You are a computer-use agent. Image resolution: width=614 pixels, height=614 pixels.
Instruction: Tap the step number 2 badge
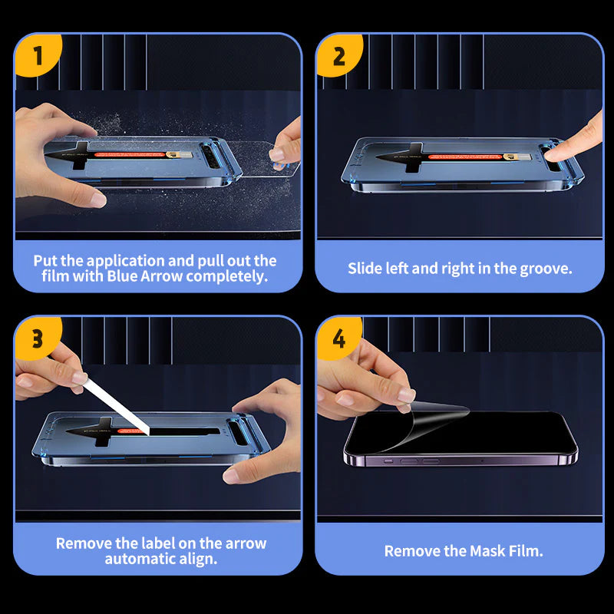[338, 54]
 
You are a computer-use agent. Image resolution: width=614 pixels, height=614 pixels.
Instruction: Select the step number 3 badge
[36, 338]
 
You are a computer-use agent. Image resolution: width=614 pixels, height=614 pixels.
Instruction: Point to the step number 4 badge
[338, 338]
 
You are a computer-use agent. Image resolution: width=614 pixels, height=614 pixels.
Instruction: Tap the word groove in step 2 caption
[546, 269]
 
